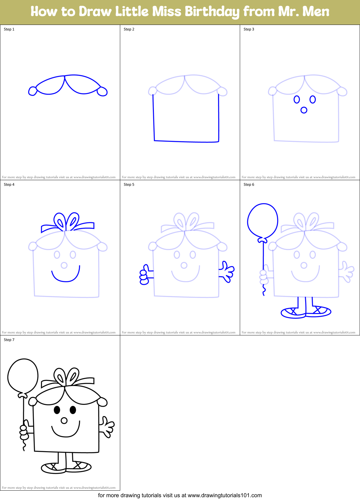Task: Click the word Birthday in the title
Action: (x=212, y=12)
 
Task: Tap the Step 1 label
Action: (x=9, y=29)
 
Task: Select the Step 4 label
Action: (x=9, y=185)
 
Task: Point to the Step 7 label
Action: (x=9, y=340)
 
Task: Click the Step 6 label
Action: (x=249, y=185)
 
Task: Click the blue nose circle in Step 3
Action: (x=304, y=110)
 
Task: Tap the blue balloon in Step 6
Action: (x=263, y=221)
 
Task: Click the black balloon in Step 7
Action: (x=23, y=376)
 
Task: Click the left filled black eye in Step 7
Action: (x=57, y=410)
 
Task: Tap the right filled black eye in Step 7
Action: (x=73, y=410)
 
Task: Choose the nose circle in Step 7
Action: (x=64, y=421)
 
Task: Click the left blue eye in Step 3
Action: (x=297, y=100)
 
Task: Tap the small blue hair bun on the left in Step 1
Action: (x=32, y=91)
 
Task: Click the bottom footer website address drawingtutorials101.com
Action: (x=225, y=495)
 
